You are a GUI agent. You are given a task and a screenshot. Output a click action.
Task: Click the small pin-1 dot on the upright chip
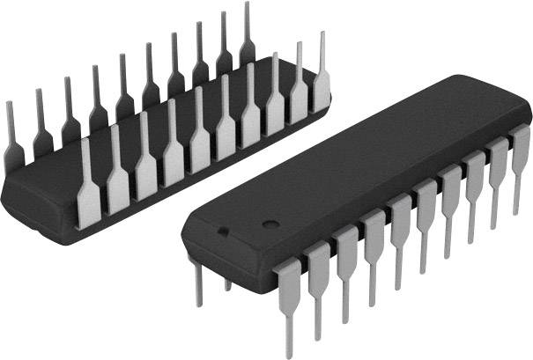pos(223,232)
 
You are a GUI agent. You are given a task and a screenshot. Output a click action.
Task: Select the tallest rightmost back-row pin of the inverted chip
pos(246,35)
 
